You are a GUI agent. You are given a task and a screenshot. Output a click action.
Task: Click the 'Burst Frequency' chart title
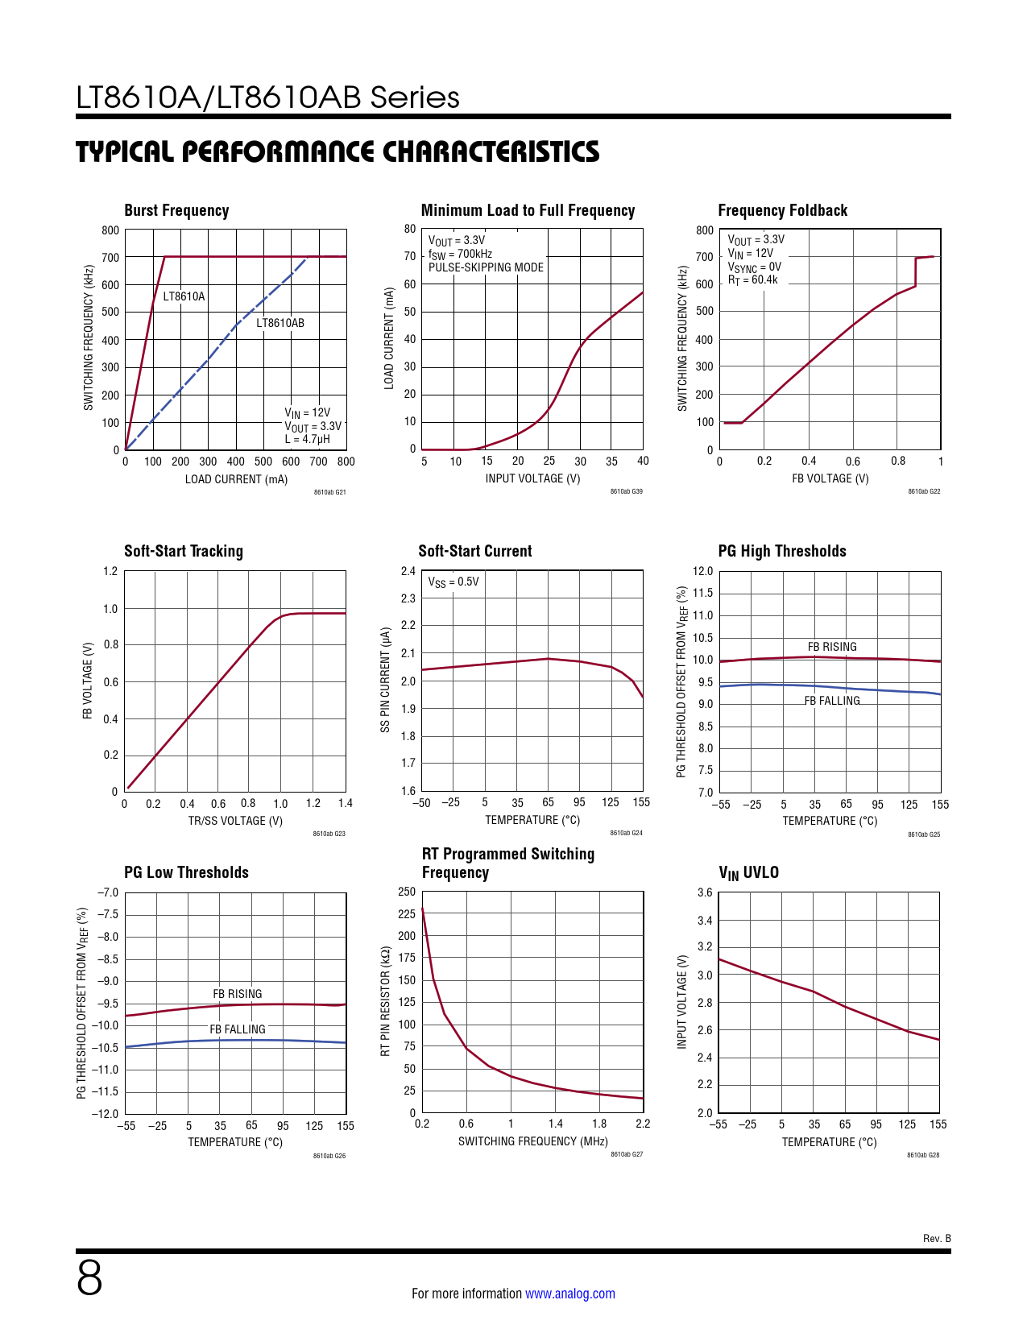176,211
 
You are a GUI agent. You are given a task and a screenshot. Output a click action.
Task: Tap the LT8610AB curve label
280,323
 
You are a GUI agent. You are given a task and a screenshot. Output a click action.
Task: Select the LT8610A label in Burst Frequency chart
184,296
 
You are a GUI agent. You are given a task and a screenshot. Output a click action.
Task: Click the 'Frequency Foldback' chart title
782,211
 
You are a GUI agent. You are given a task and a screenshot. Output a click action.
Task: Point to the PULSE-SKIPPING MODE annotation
486,267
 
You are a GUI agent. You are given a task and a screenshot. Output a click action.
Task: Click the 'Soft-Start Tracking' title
183,552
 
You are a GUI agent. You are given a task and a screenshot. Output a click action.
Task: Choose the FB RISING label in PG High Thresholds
832,647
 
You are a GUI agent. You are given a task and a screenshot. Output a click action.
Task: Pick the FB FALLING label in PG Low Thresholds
238,1029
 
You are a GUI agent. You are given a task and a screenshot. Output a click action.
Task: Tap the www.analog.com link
569,1294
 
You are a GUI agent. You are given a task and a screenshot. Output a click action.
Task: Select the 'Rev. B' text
937,1238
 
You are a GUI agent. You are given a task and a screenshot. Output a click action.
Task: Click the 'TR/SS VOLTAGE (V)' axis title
235,821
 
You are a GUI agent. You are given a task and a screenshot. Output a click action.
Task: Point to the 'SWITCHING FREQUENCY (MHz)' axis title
532,1141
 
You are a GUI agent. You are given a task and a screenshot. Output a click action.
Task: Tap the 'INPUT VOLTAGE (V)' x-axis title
532,478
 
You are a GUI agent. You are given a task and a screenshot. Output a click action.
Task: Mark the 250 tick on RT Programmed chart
407,892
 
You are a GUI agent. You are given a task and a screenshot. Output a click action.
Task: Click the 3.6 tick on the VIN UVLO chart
704,892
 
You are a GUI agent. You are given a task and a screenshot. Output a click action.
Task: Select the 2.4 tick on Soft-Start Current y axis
408,571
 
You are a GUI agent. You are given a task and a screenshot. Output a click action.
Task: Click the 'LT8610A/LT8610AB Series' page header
267,97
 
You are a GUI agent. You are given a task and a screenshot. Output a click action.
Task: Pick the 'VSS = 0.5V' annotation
453,582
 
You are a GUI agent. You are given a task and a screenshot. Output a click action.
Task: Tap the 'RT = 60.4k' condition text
752,280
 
